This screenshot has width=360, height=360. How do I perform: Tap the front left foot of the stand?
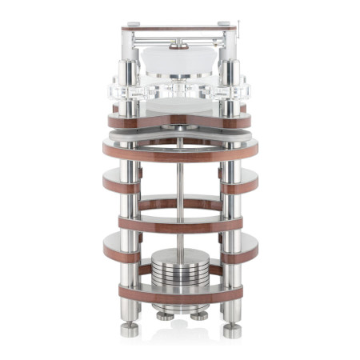click(x=127, y=329)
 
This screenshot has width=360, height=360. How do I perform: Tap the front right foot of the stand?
click(x=231, y=329)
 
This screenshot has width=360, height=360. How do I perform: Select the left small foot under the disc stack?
click(x=165, y=315)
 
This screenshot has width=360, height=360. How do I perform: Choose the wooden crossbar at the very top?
click(x=179, y=28)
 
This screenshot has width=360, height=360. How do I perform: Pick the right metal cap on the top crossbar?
click(x=224, y=25)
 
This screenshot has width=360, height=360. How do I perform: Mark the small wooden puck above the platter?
click(x=179, y=47)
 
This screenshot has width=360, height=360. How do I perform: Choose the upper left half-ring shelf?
click(x=120, y=183)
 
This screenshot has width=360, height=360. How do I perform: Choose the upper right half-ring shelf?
click(x=239, y=183)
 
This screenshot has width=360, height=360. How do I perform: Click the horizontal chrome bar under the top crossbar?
click(x=179, y=38)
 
